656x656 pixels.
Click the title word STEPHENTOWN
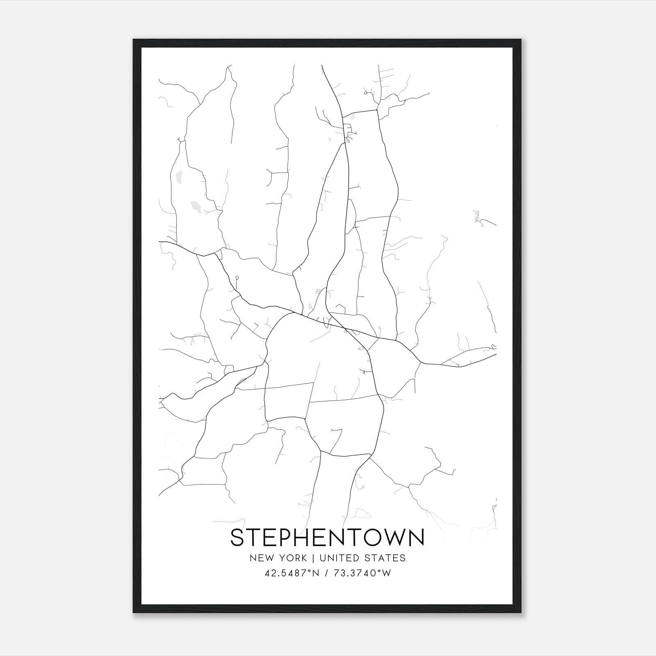(x=327, y=538)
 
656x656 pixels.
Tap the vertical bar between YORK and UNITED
(x=313, y=558)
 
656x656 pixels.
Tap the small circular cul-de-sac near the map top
(x=365, y=93)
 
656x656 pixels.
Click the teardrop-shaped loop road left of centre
(x=237, y=279)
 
